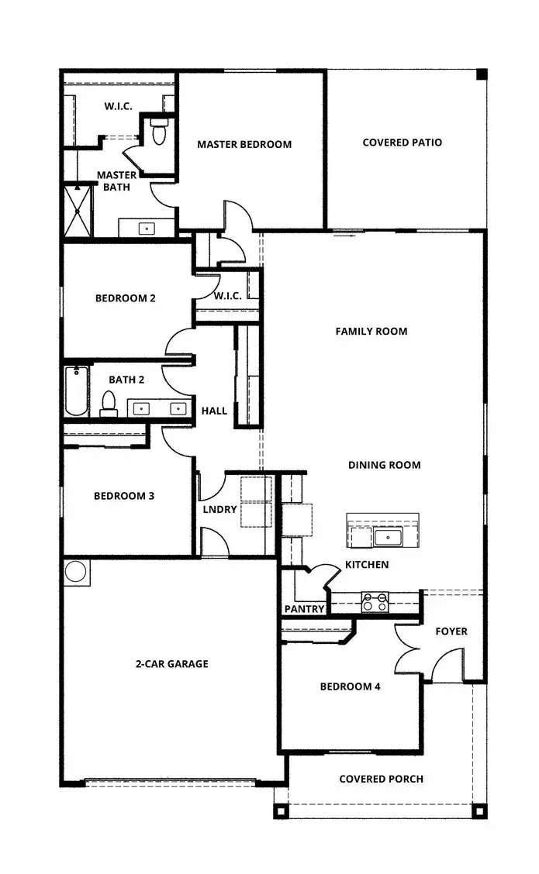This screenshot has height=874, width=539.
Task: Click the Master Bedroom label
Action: point(244,144)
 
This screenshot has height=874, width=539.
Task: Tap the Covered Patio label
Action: point(402,143)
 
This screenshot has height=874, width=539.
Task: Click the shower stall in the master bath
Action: point(78,210)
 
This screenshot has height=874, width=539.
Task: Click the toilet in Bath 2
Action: point(109,403)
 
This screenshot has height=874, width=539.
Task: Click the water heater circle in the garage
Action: point(76,572)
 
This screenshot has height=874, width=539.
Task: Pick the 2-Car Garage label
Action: point(171,664)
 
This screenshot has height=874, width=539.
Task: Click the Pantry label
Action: point(304,609)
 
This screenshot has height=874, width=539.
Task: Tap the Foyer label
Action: point(451,631)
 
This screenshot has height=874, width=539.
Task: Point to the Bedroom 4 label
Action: point(350,686)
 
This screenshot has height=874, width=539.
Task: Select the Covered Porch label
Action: point(381,779)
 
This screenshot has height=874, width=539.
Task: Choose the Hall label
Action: point(214,411)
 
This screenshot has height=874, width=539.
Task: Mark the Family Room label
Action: point(371,331)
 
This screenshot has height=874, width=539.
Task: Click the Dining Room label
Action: point(384,465)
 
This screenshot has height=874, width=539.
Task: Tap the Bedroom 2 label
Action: point(126,298)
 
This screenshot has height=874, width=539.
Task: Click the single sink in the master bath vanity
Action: point(146,229)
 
